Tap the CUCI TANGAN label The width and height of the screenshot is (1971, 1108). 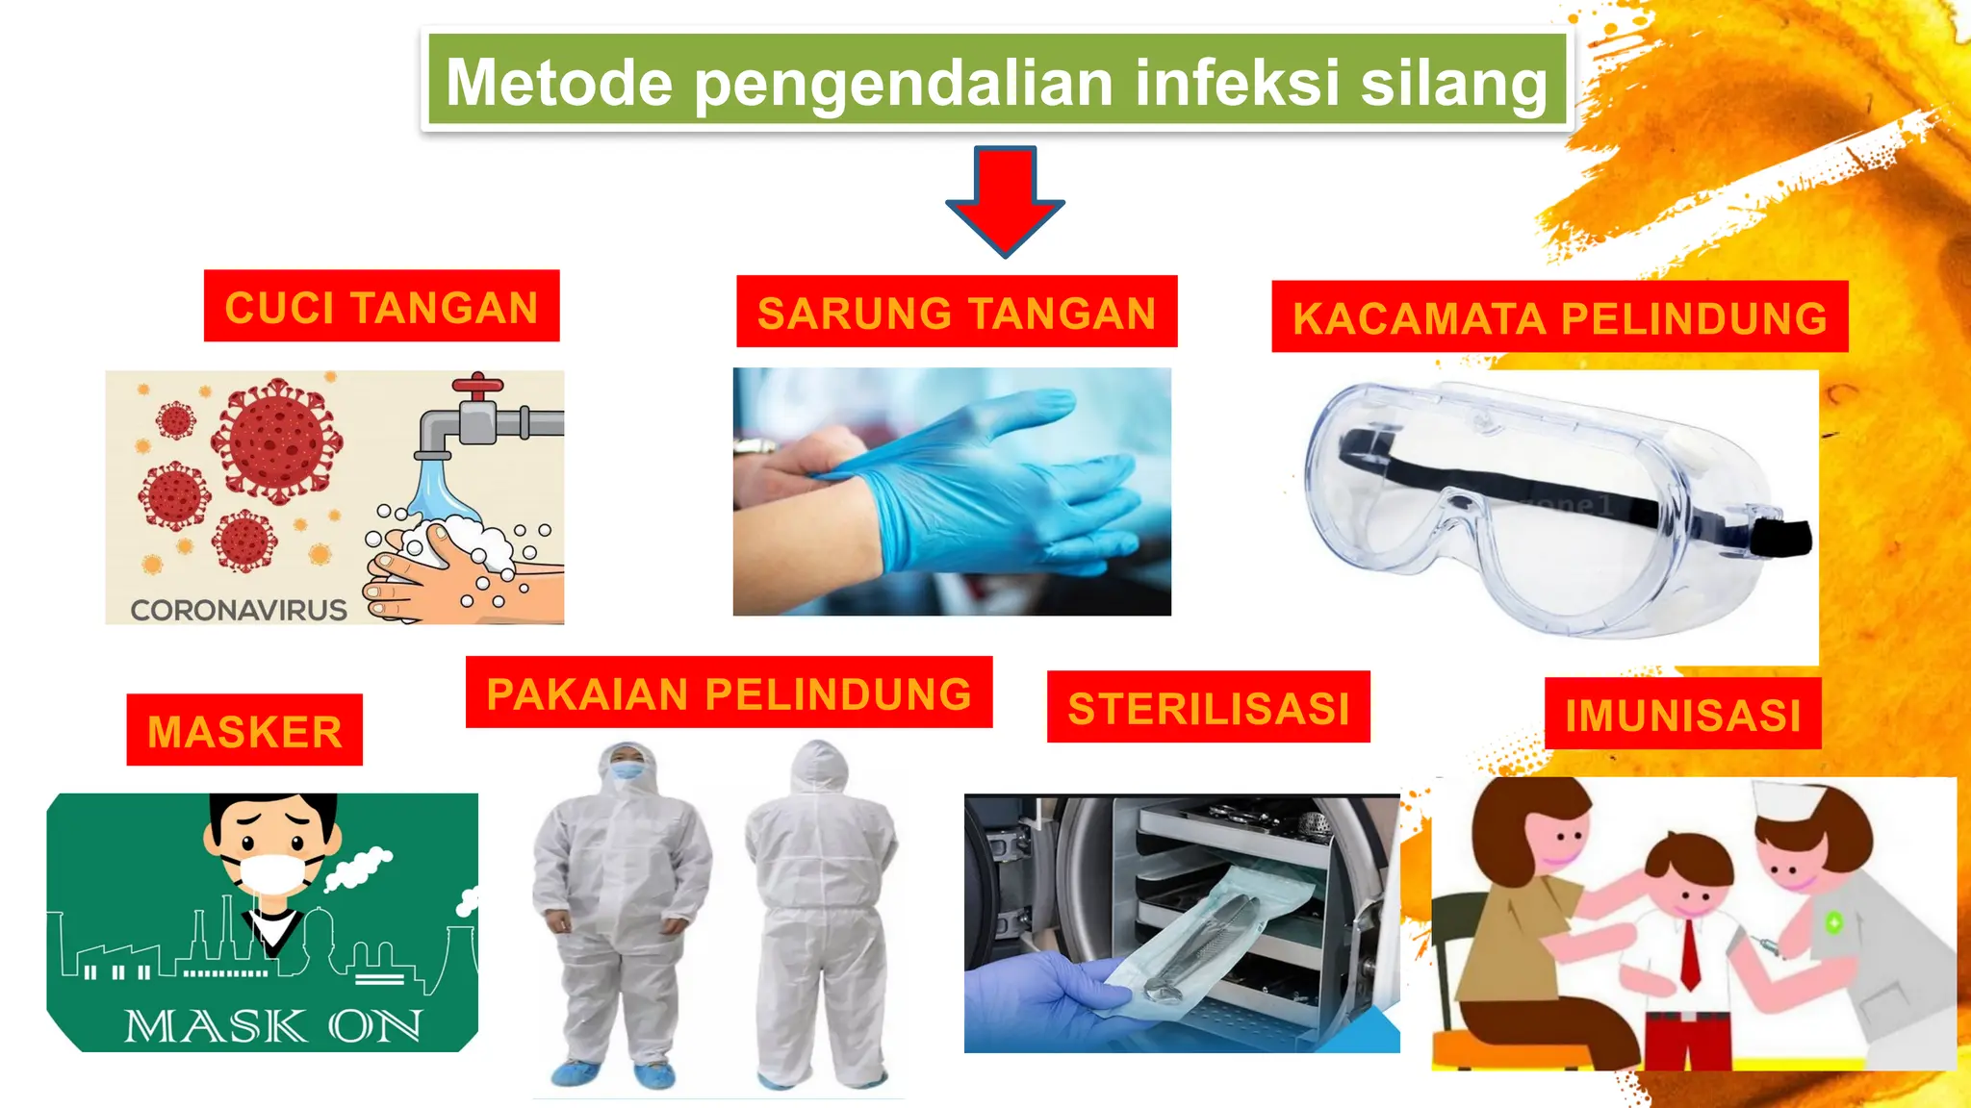[x=381, y=307]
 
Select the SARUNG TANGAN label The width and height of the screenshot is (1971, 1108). [x=957, y=313]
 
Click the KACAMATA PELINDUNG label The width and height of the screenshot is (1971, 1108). [x=1559, y=317]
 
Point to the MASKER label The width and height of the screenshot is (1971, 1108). [x=244, y=731]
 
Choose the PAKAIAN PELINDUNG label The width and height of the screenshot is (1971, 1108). [x=729, y=693]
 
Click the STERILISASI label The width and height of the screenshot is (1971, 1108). [x=1208, y=708]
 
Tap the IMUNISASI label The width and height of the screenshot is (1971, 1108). [x=1682, y=715]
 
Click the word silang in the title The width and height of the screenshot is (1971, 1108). [x=1453, y=83]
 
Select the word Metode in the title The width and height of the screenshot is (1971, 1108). [x=559, y=83]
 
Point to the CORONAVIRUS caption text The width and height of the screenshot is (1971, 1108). [x=239, y=610]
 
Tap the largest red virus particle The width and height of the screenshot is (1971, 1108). [x=277, y=440]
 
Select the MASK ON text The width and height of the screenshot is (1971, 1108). [x=273, y=1026]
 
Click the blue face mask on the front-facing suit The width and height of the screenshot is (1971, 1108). [x=627, y=770]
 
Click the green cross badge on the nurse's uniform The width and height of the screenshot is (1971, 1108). [x=1834, y=922]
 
